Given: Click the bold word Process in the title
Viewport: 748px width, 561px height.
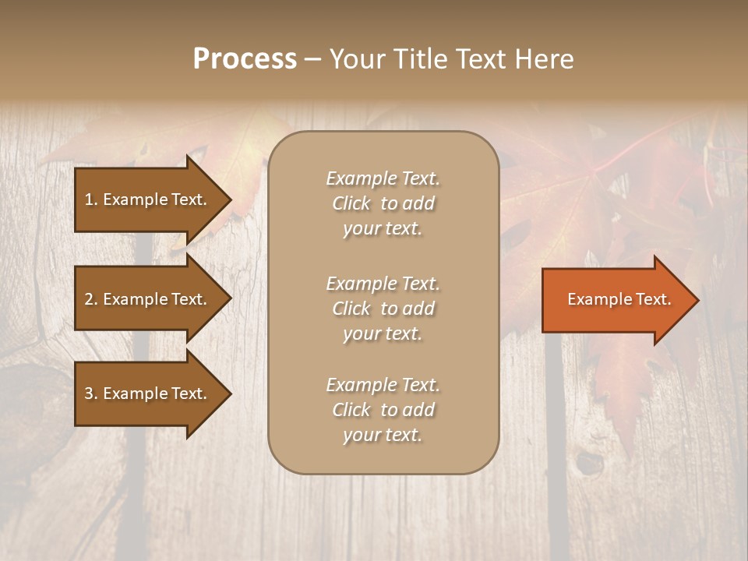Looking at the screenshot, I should pyautogui.click(x=245, y=59).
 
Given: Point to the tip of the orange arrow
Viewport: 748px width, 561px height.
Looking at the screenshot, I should pyautogui.click(x=697, y=300).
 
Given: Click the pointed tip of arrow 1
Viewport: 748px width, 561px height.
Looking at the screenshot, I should pyautogui.click(x=229, y=200).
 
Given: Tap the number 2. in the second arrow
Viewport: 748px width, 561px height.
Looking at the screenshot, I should pyautogui.click(x=91, y=300).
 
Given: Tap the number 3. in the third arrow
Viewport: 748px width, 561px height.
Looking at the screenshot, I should pyautogui.click(x=91, y=394).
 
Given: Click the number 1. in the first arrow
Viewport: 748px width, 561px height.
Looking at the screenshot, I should pyautogui.click(x=91, y=200).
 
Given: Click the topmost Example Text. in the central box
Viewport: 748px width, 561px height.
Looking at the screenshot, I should pyautogui.click(x=383, y=179).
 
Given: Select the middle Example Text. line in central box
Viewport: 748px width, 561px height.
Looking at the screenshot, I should pyautogui.click(x=383, y=284).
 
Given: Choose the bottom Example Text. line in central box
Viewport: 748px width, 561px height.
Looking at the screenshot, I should pyautogui.click(x=383, y=385).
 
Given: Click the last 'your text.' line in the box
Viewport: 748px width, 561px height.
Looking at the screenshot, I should pyautogui.click(x=383, y=436).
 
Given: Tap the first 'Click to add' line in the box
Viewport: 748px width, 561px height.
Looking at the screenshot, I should pyautogui.click(x=383, y=204).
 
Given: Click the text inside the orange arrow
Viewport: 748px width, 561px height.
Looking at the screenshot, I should pyautogui.click(x=619, y=300).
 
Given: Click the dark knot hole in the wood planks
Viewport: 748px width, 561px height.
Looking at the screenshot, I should pyautogui.click(x=590, y=464).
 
